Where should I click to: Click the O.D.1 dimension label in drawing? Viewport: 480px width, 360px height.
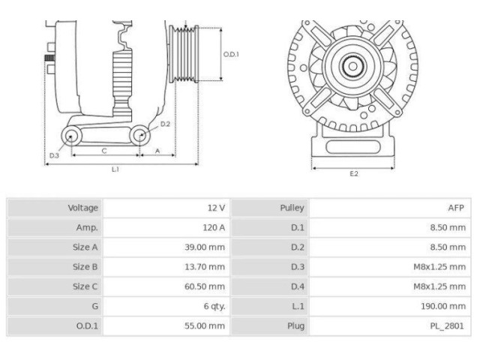[x=231, y=54]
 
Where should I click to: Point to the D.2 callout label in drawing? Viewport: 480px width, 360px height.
[x=166, y=124]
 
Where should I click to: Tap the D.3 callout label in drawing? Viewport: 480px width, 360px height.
[x=54, y=155]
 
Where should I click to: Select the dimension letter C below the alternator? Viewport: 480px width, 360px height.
[x=104, y=151]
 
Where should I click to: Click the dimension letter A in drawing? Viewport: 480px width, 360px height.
[x=157, y=151]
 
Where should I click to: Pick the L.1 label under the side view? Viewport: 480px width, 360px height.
[x=115, y=170]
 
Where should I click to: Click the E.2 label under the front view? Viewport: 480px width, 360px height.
[x=354, y=174]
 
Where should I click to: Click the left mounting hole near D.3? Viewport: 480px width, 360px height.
[x=72, y=136]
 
